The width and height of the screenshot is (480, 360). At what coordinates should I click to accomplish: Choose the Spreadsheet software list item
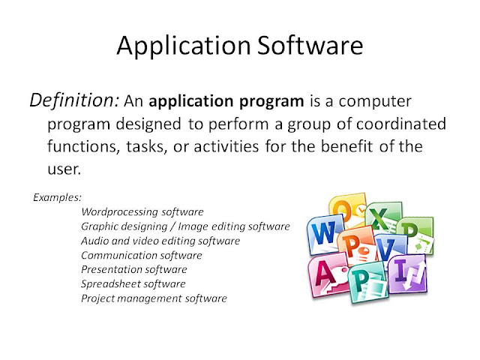[x=133, y=284]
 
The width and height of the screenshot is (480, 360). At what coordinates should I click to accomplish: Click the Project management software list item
[x=154, y=298]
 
